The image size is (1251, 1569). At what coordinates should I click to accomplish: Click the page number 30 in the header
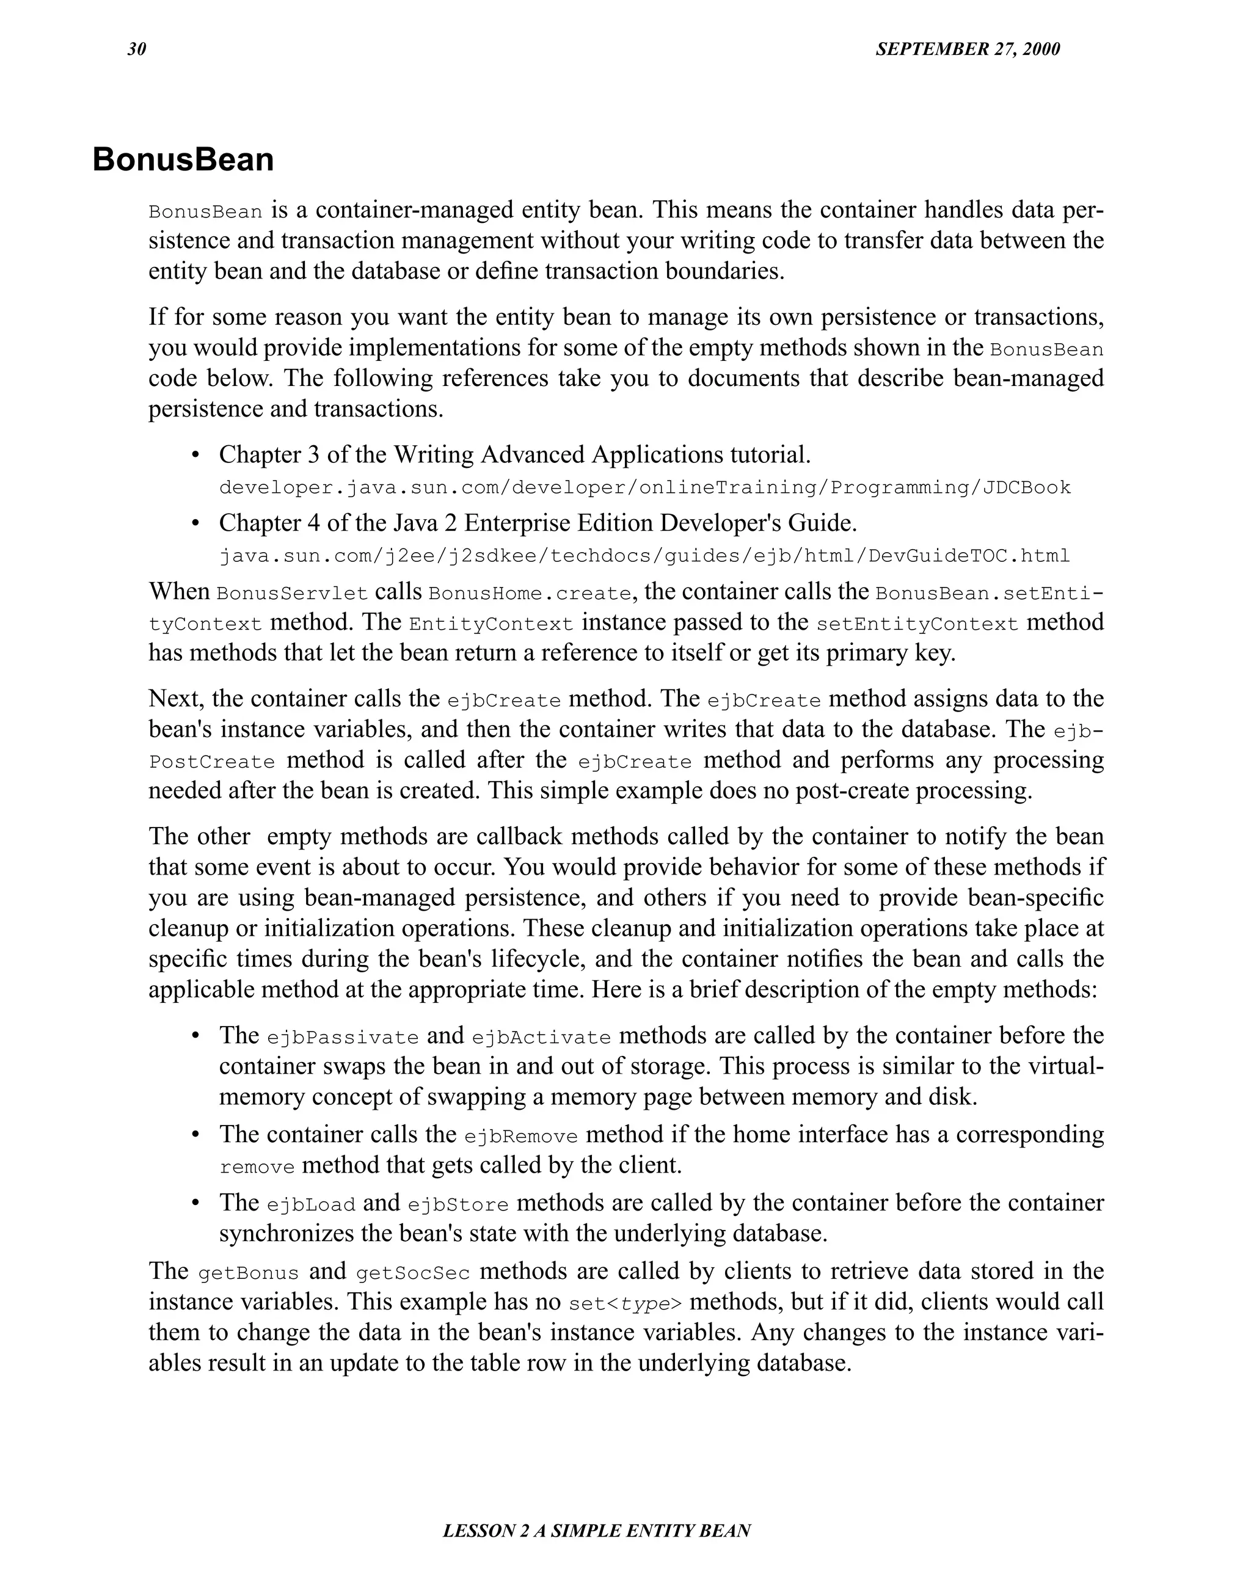pyautogui.click(x=137, y=49)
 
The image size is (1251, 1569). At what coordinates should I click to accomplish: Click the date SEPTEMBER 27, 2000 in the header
pyautogui.click(x=967, y=49)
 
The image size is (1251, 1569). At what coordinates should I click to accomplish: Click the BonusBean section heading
pyautogui.click(x=183, y=159)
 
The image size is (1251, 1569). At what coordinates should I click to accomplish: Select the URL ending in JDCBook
pyautogui.click(x=645, y=487)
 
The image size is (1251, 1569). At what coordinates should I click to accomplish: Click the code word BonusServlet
pyautogui.click(x=292, y=593)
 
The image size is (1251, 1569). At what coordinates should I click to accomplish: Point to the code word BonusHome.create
pyautogui.click(x=530, y=593)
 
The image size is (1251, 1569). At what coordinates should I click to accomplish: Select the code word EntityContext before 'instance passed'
pyautogui.click(x=491, y=624)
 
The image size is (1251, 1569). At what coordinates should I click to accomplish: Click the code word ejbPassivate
pyautogui.click(x=343, y=1037)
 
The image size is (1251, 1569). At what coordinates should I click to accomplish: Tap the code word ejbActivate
pyautogui.click(x=541, y=1037)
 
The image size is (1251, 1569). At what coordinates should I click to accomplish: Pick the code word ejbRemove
pyautogui.click(x=520, y=1136)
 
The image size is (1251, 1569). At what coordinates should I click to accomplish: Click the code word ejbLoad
pyautogui.click(x=311, y=1204)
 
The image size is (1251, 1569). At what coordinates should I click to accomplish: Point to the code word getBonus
pyautogui.click(x=248, y=1273)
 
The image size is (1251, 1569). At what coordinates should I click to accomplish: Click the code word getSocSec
pyautogui.click(x=413, y=1273)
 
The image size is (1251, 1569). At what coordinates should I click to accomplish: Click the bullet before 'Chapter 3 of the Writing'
pyautogui.click(x=194, y=456)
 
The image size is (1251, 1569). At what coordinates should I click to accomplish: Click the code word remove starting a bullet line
pyautogui.click(x=257, y=1167)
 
